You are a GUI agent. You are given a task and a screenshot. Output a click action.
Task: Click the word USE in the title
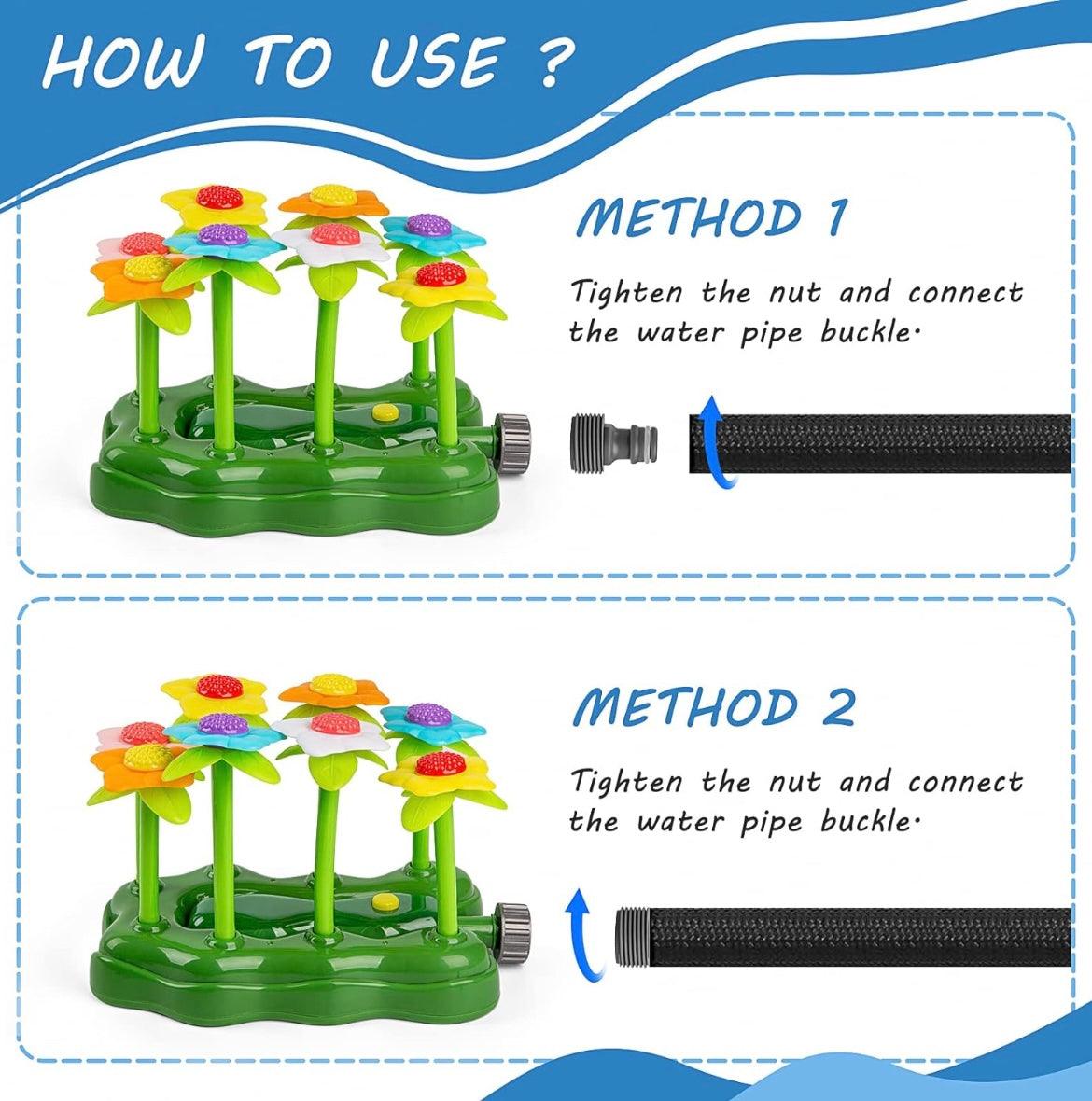pos(437,62)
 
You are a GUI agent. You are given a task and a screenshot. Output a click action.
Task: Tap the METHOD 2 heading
pos(714,707)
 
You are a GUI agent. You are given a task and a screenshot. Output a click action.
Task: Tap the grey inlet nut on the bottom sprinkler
pos(510,924)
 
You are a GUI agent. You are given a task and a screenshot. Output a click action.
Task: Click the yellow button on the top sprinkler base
pos(383,411)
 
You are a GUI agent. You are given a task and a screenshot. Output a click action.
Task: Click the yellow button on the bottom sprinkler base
pos(383,901)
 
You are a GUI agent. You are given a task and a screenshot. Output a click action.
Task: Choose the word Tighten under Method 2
pos(626,781)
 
